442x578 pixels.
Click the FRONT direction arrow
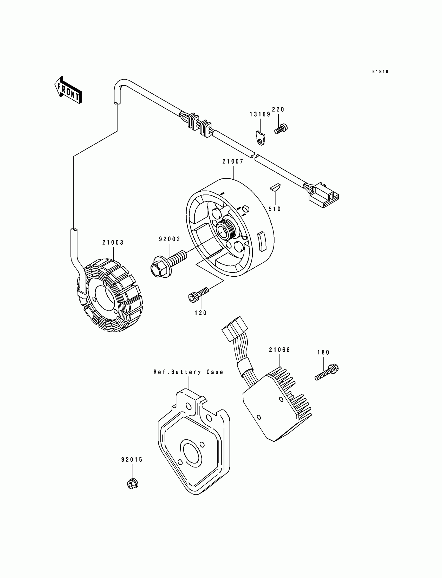click(68, 90)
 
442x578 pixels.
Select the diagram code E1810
click(380, 72)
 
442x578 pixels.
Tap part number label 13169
click(260, 114)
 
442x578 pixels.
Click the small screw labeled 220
click(281, 129)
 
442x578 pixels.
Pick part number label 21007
click(233, 161)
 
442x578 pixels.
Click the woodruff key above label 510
click(275, 187)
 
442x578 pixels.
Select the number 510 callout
click(275, 209)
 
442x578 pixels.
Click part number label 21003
click(113, 243)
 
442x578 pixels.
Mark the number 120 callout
click(201, 313)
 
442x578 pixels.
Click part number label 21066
click(279, 350)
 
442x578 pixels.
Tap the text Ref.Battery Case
click(188, 372)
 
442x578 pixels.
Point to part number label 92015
click(132, 460)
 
